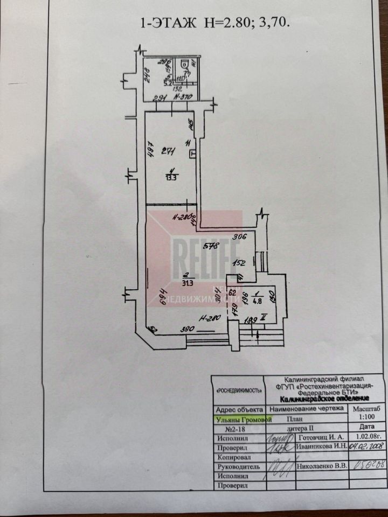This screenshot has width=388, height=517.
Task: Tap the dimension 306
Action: tap(241, 236)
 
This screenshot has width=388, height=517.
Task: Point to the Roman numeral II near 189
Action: tap(264, 318)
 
